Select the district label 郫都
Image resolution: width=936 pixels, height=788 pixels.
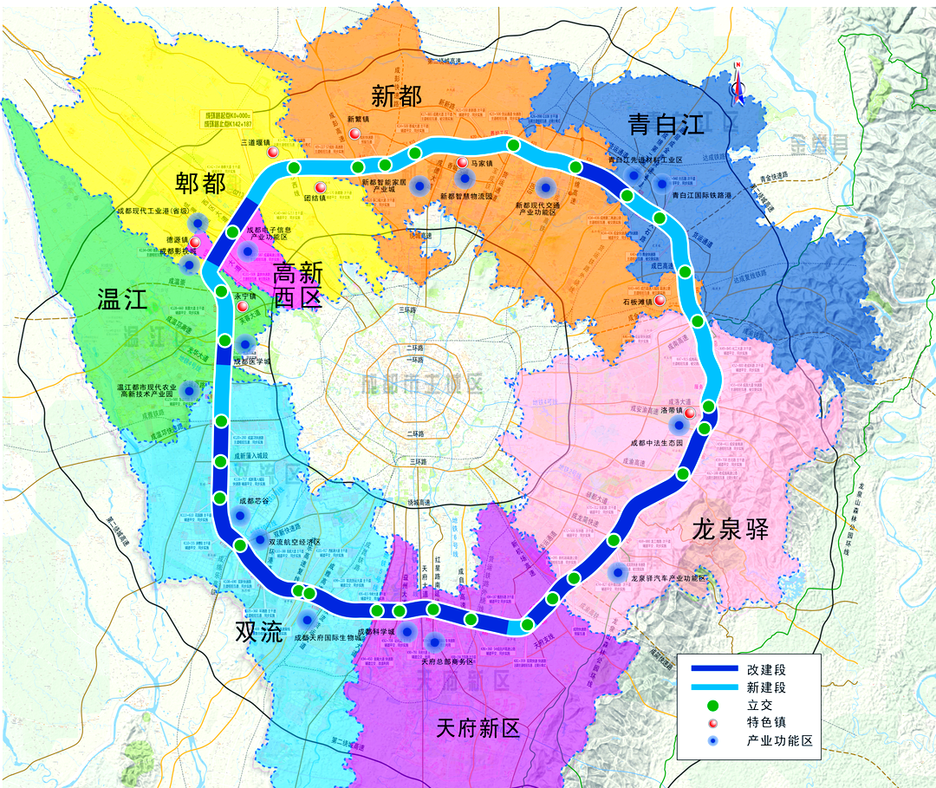pos(200,182)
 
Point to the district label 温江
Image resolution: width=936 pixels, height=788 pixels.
pos(124,301)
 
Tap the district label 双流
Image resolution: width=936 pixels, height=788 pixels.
pos(259,632)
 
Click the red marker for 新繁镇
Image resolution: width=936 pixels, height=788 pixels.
pos(354,134)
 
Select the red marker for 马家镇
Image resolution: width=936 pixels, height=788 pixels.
pos(462,163)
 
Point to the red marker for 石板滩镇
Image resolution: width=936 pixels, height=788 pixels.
pos(660,300)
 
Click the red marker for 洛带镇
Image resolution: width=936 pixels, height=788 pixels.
pos(690,413)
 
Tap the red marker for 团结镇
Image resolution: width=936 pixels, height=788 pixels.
pos(320,187)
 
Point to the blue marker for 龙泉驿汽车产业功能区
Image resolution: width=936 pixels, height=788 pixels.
pos(617,571)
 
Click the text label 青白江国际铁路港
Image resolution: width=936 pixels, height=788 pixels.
pos(697,196)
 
